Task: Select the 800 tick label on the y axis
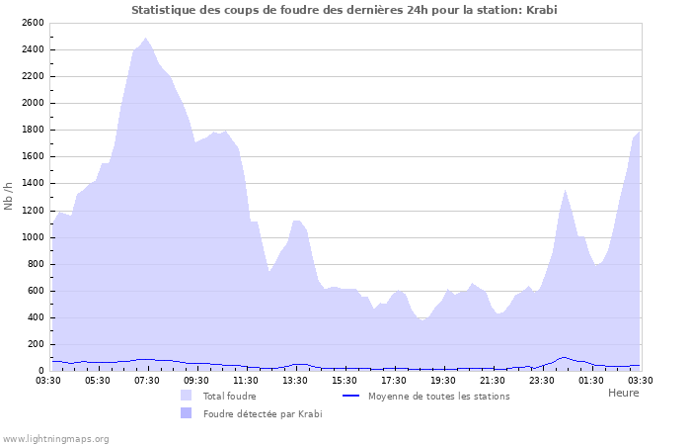35,263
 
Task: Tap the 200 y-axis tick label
35,343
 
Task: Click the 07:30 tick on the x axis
147,380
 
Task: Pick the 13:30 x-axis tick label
295,380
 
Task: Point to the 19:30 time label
443,380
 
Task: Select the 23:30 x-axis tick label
542,380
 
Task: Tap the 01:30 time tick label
591,380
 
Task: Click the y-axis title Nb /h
9,196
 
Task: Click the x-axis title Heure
623,393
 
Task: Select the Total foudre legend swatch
186,396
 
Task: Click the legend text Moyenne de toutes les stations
438,396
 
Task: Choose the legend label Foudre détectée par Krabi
263,413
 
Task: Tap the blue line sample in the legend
350,396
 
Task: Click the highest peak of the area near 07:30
146,39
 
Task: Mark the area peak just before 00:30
565,190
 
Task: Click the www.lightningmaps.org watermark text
55,438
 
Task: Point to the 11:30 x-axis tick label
246,380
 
